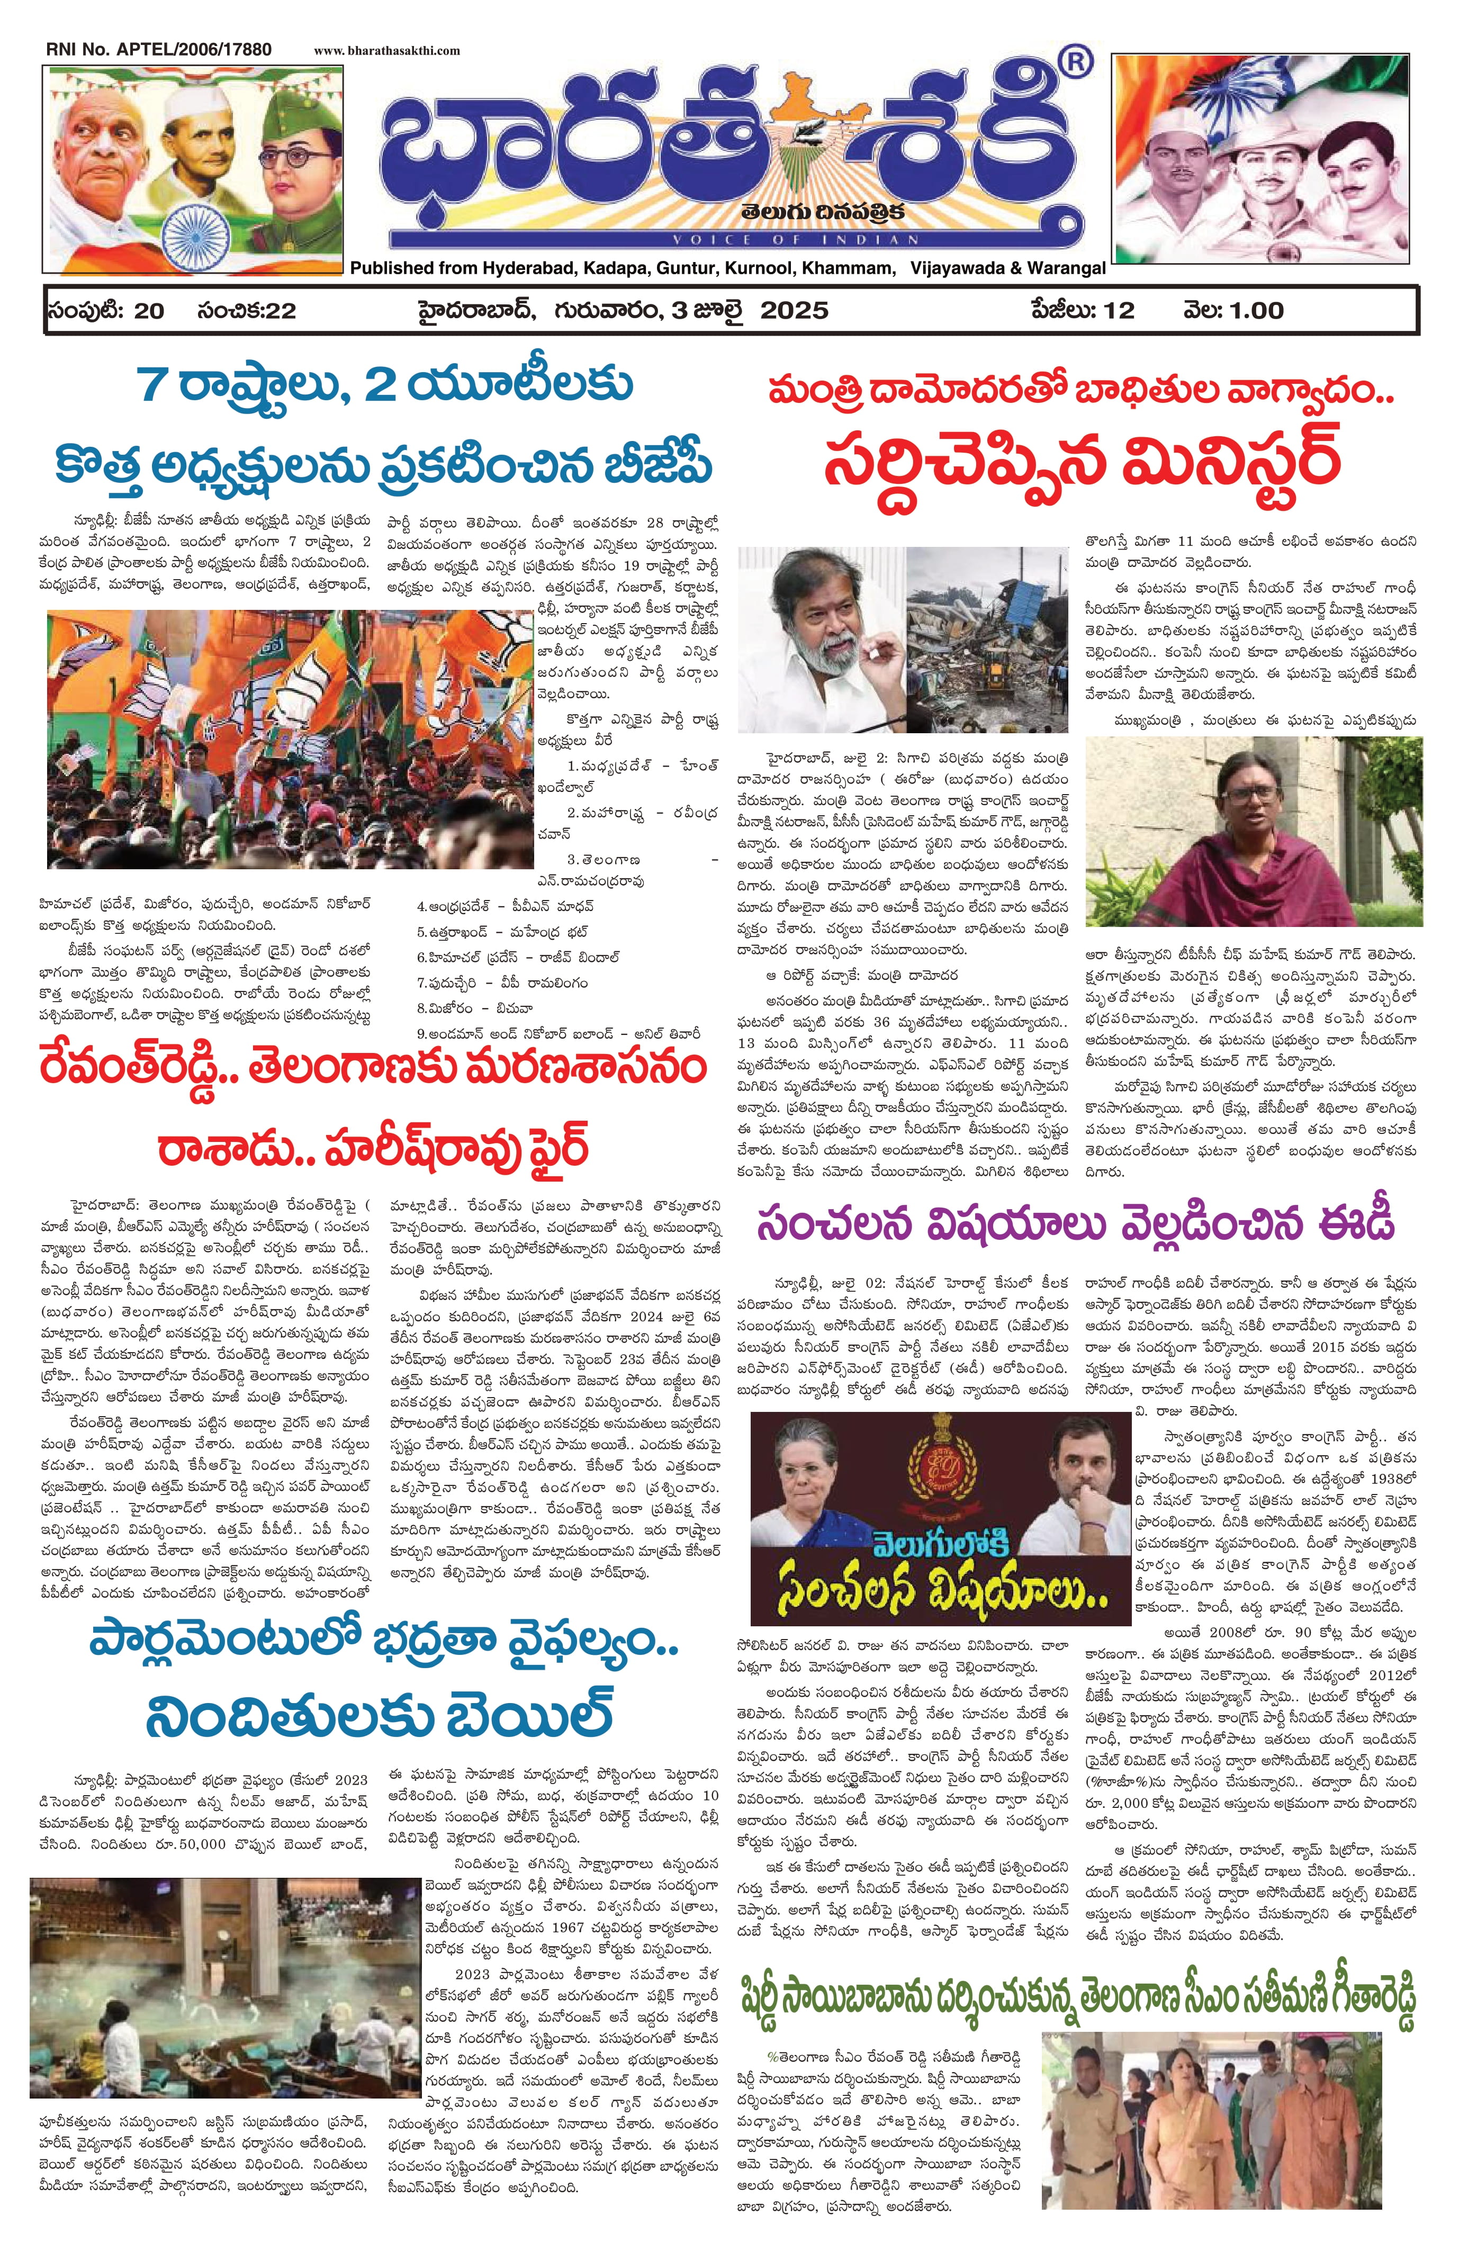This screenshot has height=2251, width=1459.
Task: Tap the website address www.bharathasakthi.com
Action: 387,51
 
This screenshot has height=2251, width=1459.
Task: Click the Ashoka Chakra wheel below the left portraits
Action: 186,230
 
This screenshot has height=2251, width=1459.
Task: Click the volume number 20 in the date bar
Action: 149,311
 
